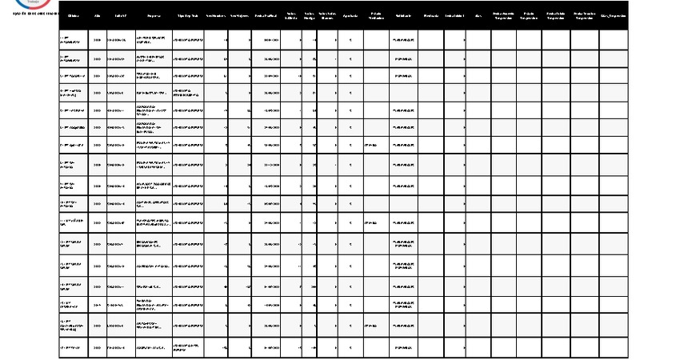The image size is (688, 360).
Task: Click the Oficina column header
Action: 74,15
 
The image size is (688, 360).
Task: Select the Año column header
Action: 98,15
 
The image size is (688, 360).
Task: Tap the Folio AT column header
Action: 120,15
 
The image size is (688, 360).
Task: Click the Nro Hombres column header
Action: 216,15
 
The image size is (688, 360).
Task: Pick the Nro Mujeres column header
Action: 239,15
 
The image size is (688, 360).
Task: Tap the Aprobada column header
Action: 350,15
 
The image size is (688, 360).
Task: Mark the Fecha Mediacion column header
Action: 376,15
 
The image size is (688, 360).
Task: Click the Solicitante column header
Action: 403,15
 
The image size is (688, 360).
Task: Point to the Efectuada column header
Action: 430,15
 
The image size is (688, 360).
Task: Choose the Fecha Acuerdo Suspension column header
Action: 504,15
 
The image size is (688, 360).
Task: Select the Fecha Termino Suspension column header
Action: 585,15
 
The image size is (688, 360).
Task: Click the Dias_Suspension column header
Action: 614,15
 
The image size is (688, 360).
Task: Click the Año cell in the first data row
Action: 98,39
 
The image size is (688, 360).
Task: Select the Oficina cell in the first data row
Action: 74,39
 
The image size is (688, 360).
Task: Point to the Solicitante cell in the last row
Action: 403,348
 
